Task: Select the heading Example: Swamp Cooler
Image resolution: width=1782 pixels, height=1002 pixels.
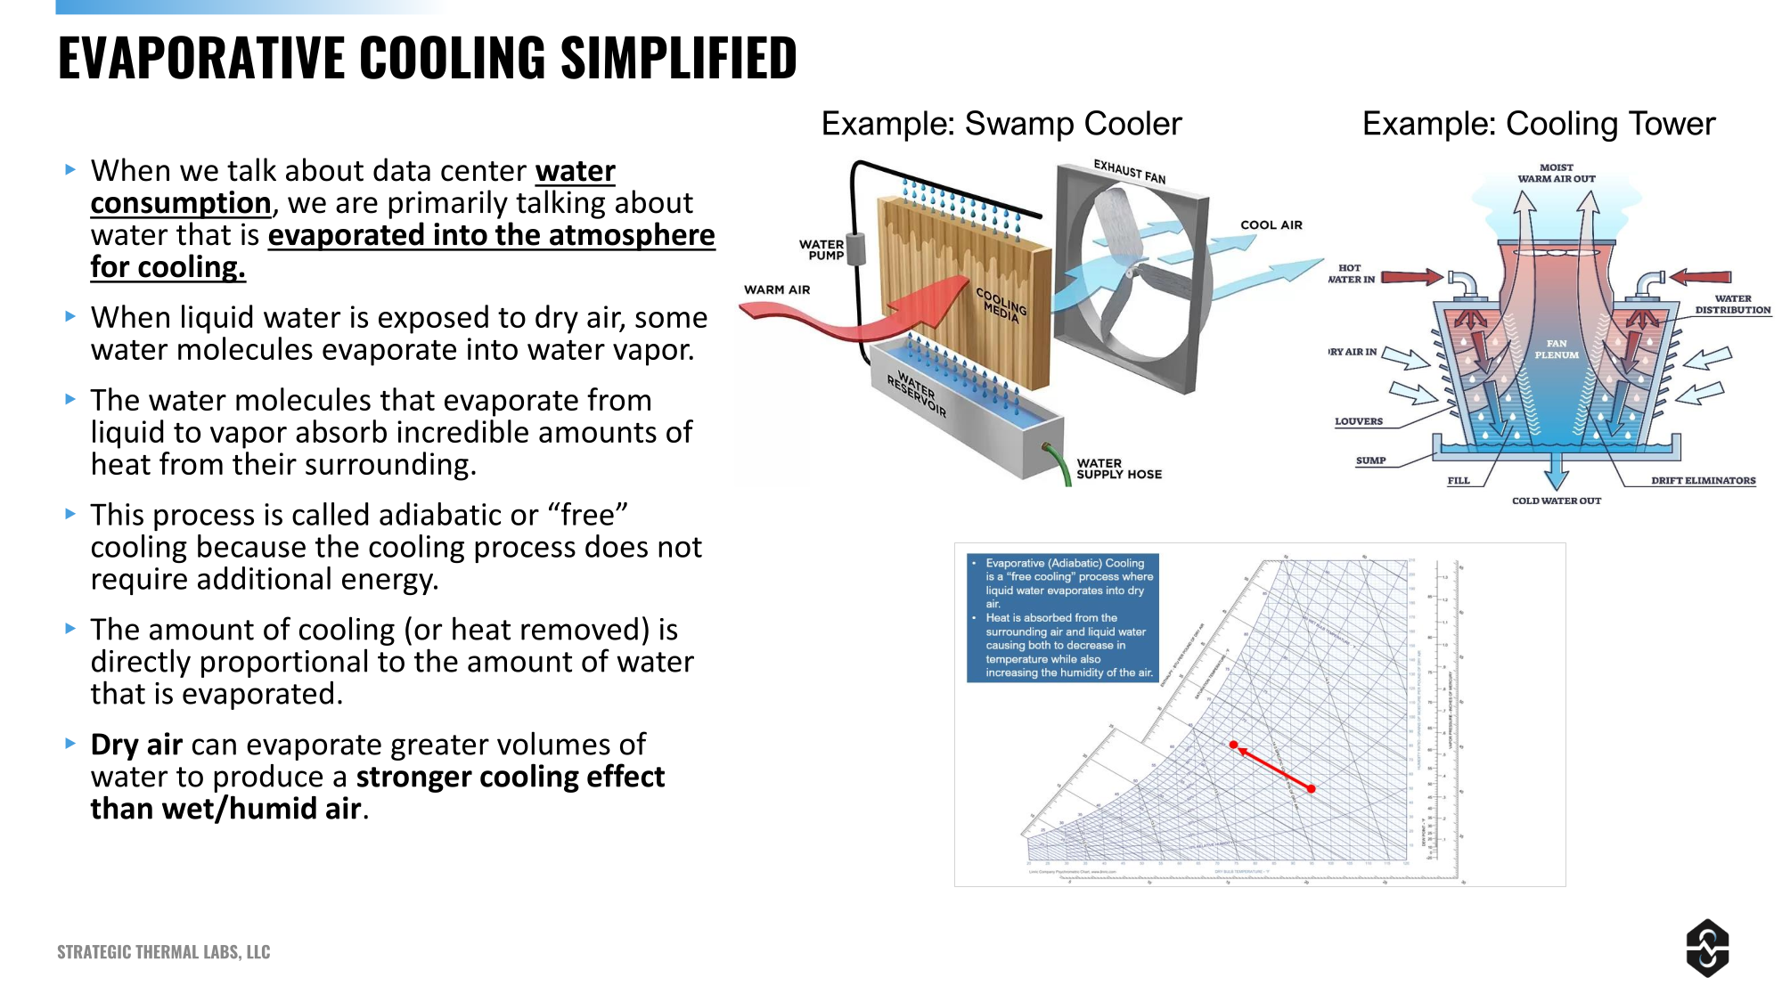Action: pyautogui.click(x=1001, y=124)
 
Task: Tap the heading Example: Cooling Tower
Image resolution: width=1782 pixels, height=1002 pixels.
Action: pyautogui.click(x=1538, y=124)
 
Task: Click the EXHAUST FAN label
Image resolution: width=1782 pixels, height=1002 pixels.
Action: pyautogui.click(x=1129, y=171)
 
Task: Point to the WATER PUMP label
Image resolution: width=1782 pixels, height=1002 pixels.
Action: pyautogui.click(x=821, y=249)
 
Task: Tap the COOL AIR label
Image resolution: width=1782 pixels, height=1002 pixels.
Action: pyautogui.click(x=1271, y=225)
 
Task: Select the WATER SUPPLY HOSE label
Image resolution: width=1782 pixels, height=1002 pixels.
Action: pyautogui.click(x=1118, y=469)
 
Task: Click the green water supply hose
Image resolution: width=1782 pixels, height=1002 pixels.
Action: pyautogui.click(x=1060, y=463)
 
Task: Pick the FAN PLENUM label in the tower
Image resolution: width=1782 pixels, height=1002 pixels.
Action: pyautogui.click(x=1556, y=349)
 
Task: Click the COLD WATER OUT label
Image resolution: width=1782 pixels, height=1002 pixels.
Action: pyautogui.click(x=1556, y=501)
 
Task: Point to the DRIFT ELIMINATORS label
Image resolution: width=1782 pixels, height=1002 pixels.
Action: pyautogui.click(x=1703, y=481)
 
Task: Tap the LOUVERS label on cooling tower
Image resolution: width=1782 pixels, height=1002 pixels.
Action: pyautogui.click(x=1358, y=421)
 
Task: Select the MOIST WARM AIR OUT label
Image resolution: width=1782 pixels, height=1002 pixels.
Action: pyautogui.click(x=1556, y=173)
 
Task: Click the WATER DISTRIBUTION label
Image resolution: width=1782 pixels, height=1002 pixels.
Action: pyautogui.click(x=1732, y=305)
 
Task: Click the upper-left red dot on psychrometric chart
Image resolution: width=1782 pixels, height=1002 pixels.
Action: pyautogui.click(x=1233, y=745)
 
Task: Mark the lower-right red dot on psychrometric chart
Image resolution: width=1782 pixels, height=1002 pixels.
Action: pyautogui.click(x=1311, y=788)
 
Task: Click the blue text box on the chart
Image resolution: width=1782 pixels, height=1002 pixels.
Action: pyautogui.click(x=1062, y=617)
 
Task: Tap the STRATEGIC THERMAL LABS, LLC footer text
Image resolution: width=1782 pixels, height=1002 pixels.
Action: pyautogui.click(x=163, y=952)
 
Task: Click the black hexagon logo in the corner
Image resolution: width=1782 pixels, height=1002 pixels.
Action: pyautogui.click(x=1707, y=948)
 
